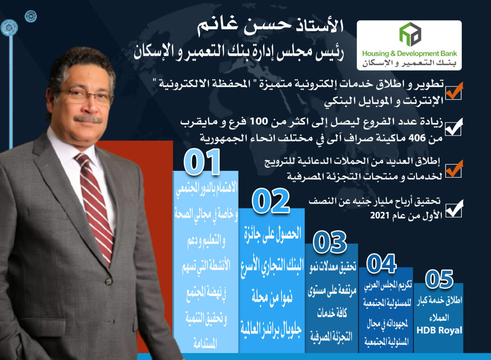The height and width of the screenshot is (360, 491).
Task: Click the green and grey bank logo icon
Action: coord(410,34)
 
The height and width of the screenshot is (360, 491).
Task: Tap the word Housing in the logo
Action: coord(376,54)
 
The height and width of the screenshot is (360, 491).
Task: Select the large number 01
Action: coord(202,162)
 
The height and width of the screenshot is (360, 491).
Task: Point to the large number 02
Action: coord(270,200)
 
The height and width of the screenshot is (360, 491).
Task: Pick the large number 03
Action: coord(330,242)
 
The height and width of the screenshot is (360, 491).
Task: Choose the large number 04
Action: coord(381,263)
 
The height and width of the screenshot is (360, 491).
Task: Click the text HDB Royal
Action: coord(439,330)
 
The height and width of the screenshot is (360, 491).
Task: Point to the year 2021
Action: coord(380,216)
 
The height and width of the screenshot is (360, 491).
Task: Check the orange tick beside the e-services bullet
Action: coord(454,91)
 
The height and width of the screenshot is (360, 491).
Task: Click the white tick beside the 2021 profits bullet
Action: coord(454,208)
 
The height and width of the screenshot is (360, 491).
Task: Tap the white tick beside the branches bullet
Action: coord(454,127)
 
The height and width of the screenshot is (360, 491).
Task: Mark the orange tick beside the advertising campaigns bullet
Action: coord(454,169)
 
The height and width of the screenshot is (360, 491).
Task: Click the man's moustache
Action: coord(88,119)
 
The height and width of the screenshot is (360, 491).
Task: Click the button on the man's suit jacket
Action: coord(108,281)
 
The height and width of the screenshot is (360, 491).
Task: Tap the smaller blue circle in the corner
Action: coord(30,16)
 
